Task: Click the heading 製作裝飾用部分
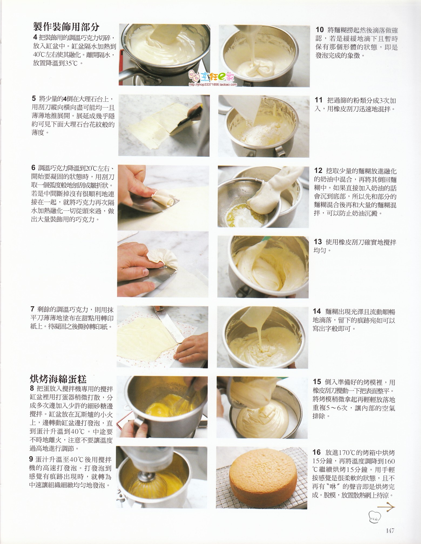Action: click(x=66, y=27)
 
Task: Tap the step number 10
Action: click(x=319, y=30)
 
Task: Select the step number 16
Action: click(x=316, y=452)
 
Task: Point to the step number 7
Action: click(x=32, y=309)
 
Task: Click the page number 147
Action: click(x=390, y=530)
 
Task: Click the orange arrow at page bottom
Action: click(x=386, y=506)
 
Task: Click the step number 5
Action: click(x=33, y=98)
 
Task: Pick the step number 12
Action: click(x=318, y=170)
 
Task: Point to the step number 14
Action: click(x=317, y=311)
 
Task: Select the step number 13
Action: click(x=318, y=241)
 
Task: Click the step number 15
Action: click(x=317, y=382)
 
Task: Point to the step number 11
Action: click(x=319, y=100)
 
